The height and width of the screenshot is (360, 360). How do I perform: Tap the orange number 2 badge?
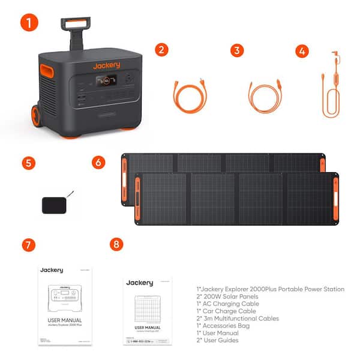coord(160,50)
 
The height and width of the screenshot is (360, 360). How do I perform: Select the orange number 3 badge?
coord(238,50)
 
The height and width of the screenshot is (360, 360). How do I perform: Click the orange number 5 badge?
coord(28,163)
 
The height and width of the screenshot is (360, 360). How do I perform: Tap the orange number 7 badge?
coord(28,245)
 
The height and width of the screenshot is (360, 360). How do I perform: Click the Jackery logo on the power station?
coord(106,65)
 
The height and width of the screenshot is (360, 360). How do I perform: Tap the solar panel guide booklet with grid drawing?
coord(147,310)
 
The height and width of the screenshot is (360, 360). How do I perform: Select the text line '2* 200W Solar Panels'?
coord(229,297)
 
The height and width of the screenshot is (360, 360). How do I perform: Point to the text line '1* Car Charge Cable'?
coord(226,311)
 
